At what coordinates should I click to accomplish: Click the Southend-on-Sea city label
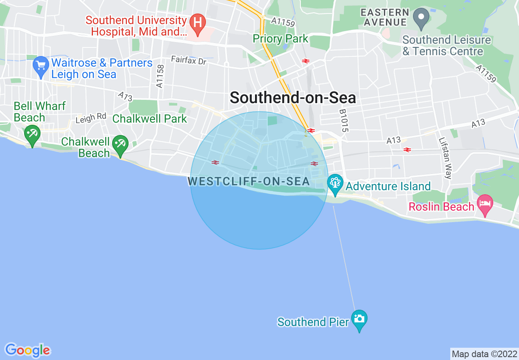pyautogui.click(x=293, y=98)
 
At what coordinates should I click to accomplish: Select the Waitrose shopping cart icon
pyautogui.click(x=41, y=66)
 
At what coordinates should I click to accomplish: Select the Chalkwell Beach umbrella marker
pyautogui.click(x=120, y=144)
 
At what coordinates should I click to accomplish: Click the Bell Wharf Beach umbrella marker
pyautogui.click(x=32, y=134)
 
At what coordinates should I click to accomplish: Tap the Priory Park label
pyautogui.click(x=280, y=39)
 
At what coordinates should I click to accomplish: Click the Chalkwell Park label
pyautogui.click(x=149, y=119)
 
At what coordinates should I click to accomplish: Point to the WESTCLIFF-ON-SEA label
pyautogui.click(x=249, y=181)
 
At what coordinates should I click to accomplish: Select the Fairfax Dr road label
pyautogui.click(x=189, y=60)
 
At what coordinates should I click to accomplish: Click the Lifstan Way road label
pyautogui.click(x=445, y=157)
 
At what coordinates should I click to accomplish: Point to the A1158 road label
pyautogui.click(x=160, y=76)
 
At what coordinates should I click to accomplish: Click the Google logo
pyautogui.click(x=28, y=350)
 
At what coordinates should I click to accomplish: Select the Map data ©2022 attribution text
pyautogui.click(x=484, y=354)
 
